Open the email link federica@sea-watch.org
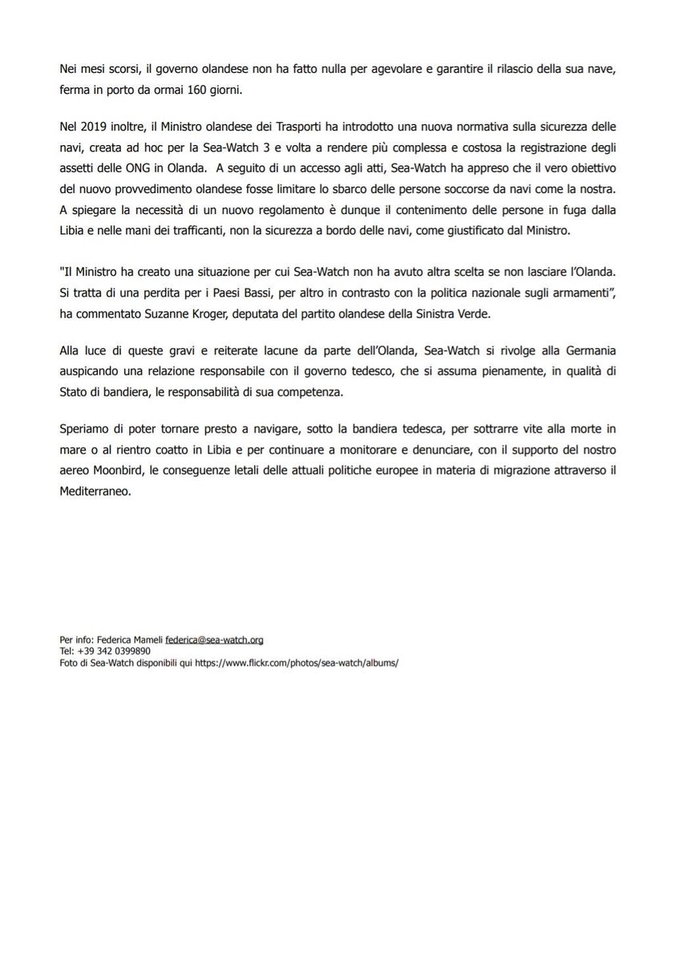(x=214, y=640)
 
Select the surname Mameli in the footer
(x=146, y=640)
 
